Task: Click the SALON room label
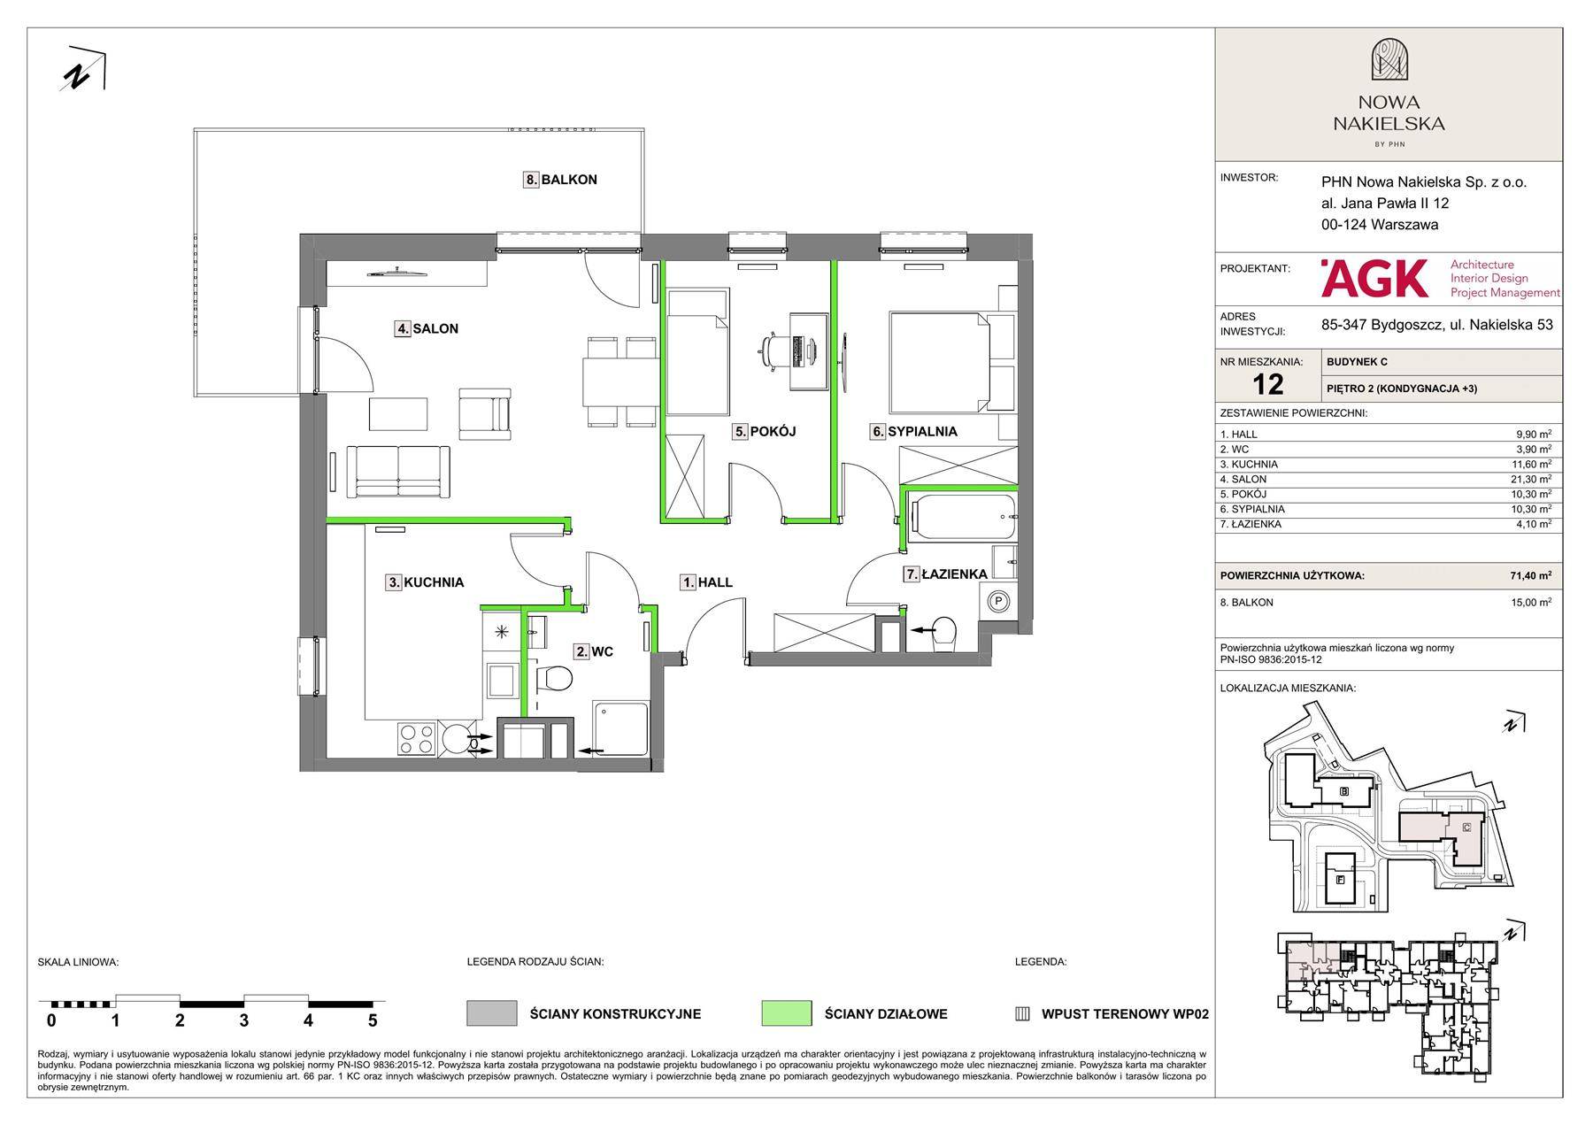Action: point(427,328)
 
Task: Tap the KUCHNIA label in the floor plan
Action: point(425,582)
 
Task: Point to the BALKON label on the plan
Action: point(560,180)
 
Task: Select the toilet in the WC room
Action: point(555,680)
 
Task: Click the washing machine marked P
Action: point(998,602)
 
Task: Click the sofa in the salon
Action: point(398,472)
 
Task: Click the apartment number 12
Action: point(1268,384)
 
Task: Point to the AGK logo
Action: point(1374,278)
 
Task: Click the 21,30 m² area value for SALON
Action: point(1533,479)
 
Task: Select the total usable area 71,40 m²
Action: point(1531,575)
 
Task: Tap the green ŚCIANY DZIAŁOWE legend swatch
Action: point(786,1013)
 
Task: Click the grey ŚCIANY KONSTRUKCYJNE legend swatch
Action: point(491,1013)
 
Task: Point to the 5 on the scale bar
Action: point(373,1020)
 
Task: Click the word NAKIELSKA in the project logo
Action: point(1389,124)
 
